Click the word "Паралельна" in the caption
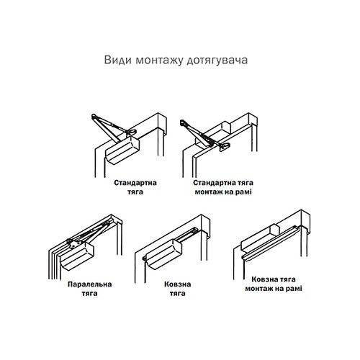[x=85, y=284]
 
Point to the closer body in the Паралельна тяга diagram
[x=79, y=253]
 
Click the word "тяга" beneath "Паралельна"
[x=85, y=294]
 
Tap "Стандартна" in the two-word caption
[x=135, y=183]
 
